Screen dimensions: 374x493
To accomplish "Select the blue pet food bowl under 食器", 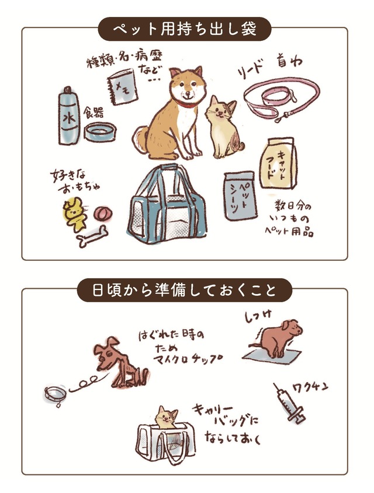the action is pyautogui.click(x=101, y=131).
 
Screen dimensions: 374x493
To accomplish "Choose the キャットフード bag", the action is pyautogui.click(x=278, y=163).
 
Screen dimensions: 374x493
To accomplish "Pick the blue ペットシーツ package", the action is pyautogui.click(x=240, y=195).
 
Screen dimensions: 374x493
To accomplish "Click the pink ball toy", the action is pyautogui.click(x=103, y=213).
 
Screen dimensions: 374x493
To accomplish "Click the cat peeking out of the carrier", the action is pyautogui.click(x=165, y=418).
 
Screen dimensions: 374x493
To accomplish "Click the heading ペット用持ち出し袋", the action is pyautogui.click(x=185, y=29).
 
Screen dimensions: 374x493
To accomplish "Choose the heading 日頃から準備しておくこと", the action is pyautogui.click(x=184, y=290).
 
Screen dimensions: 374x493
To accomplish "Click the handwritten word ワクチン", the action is pyautogui.click(x=310, y=387).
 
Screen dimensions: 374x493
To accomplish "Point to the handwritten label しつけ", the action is pyautogui.click(x=258, y=317).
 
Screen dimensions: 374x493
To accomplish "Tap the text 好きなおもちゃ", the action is pyautogui.click(x=75, y=181).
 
